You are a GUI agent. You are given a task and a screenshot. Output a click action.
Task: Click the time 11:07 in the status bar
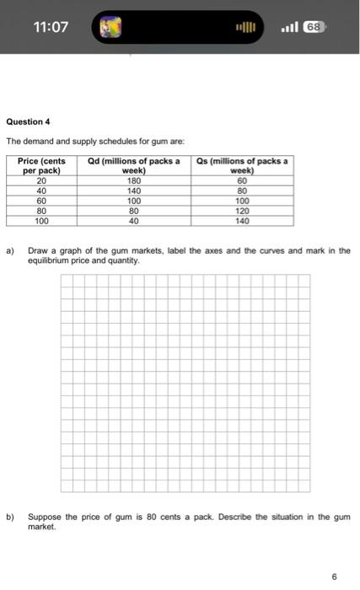(x=50, y=27)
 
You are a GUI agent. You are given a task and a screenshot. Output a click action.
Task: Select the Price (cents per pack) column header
(x=41, y=165)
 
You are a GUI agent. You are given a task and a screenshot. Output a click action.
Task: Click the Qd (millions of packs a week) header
(x=134, y=165)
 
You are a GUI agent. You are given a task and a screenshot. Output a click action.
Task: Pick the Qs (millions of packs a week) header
(x=243, y=165)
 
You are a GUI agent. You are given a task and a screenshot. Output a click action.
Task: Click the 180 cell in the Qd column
(x=134, y=180)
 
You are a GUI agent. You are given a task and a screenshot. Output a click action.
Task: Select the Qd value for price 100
(x=134, y=222)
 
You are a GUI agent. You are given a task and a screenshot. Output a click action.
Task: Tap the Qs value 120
(x=243, y=212)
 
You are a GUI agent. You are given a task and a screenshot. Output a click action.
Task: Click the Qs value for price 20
(x=243, y=180)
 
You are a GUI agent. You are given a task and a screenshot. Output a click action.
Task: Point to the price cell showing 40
(x=41, y=190)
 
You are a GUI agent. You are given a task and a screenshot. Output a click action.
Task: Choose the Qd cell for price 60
(x=134, y=201)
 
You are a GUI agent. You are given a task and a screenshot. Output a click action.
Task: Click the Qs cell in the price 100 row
(x=243, y=222)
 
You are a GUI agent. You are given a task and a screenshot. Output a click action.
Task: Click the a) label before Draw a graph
(x=11, y=251)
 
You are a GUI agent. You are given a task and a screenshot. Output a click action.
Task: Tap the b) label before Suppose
(x=11, y=515)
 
